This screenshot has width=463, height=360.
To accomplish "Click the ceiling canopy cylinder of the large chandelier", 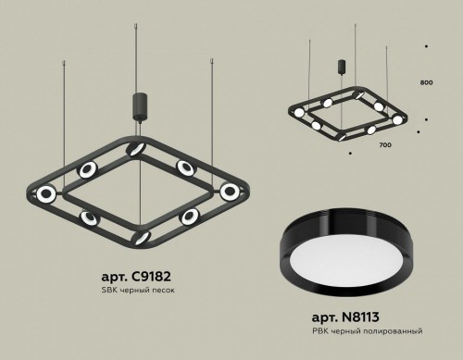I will pos(142,103).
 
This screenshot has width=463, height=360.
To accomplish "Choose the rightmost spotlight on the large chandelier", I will pos(229,192).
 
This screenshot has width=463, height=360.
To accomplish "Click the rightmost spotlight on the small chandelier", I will pos(398,119).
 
